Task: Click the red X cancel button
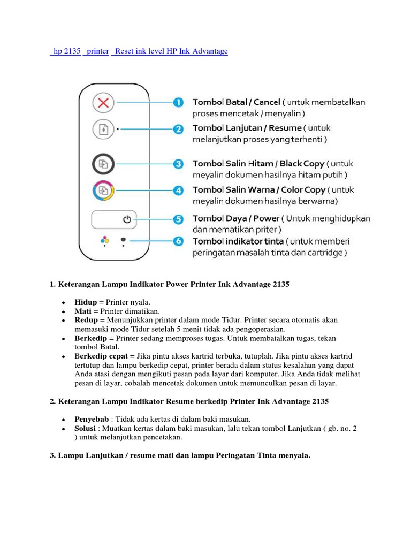103,103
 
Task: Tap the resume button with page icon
103,129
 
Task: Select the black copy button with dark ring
103,164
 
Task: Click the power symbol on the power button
127,219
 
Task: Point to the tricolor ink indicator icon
105,240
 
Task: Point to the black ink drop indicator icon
124,240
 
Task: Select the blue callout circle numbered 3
179,164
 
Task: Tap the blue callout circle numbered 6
179,241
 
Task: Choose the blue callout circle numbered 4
179,190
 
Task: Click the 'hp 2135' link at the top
65,51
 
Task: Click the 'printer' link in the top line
97,51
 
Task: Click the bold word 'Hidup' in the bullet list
85,302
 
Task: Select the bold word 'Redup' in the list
86,320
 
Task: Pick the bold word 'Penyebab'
91,419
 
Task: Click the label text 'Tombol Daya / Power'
236,218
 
